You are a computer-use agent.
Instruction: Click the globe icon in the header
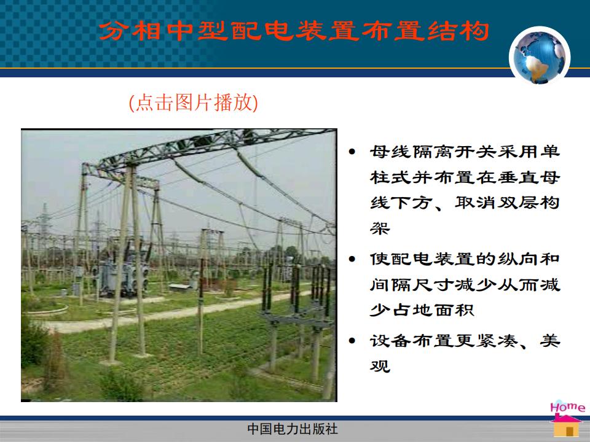point(540,56)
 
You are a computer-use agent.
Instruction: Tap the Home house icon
point(566,425)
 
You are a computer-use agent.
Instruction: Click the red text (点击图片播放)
point(194,103)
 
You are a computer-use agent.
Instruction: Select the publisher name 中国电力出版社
point(293,429)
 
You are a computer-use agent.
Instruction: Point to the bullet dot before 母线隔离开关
point(352,152)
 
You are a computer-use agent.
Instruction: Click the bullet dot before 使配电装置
point(352,259)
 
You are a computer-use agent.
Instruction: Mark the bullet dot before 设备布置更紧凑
point(352,341)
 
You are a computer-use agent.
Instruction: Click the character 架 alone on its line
point(380,228)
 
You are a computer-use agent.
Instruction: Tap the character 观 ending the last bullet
point(380,365)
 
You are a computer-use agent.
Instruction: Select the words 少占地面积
point(422,310)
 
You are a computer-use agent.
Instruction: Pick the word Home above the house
point(567,407)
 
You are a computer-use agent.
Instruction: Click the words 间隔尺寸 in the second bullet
point(411,285)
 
